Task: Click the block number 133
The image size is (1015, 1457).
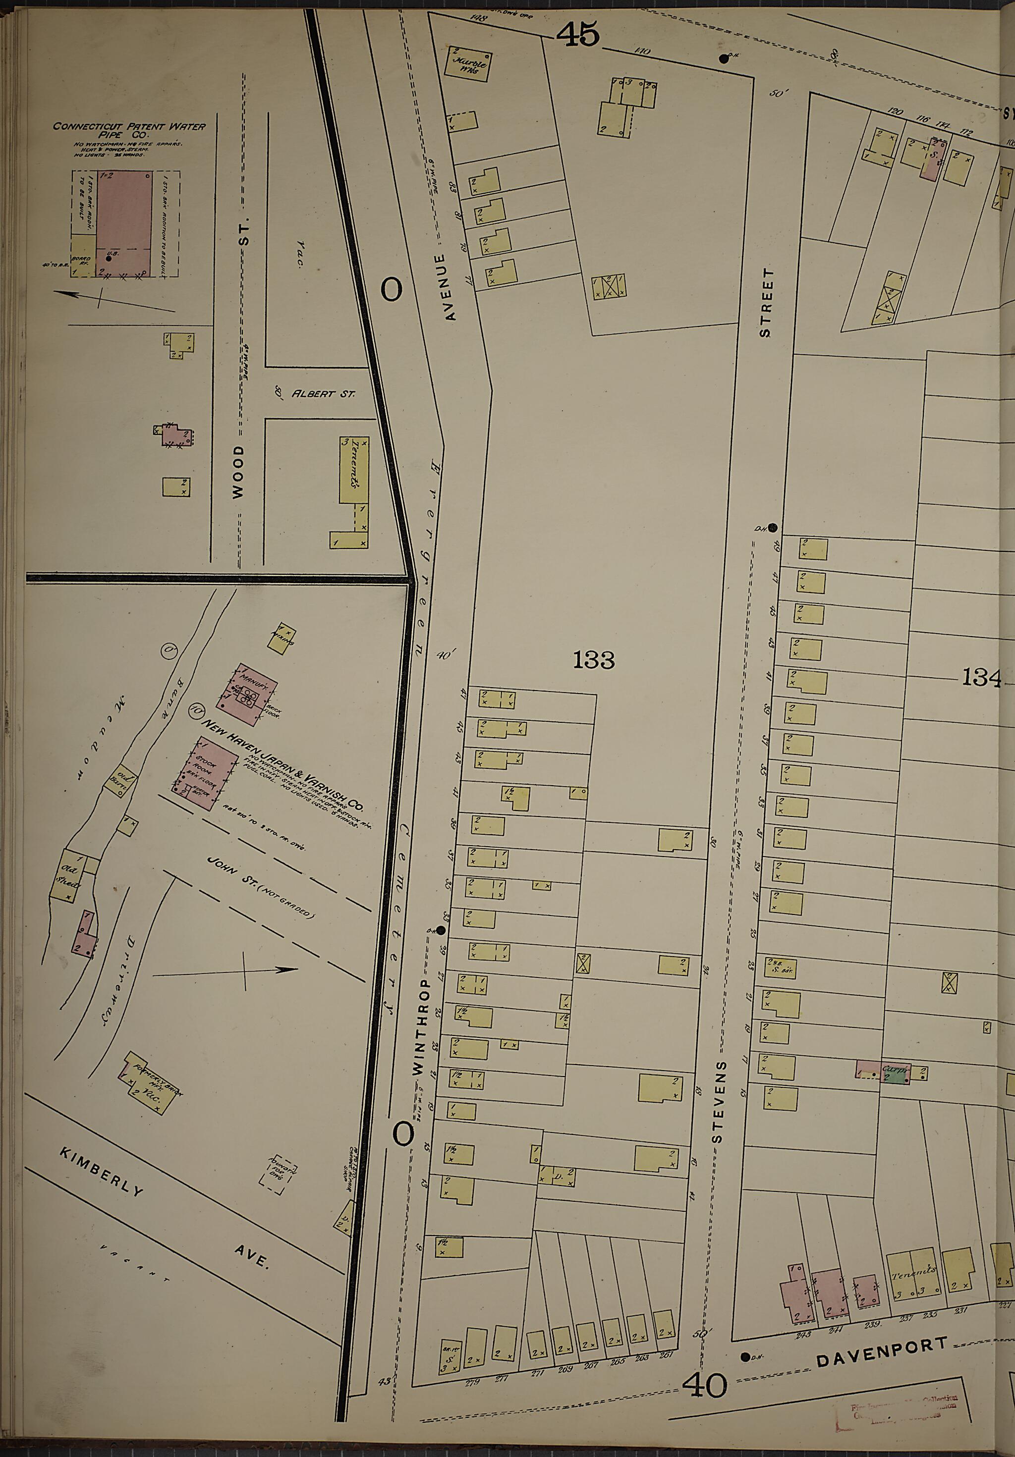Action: point(594,660)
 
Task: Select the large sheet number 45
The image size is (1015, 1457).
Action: point(578,34)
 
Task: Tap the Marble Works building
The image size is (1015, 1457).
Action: point(469,64)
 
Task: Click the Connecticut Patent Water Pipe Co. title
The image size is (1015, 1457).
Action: point(129,130)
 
